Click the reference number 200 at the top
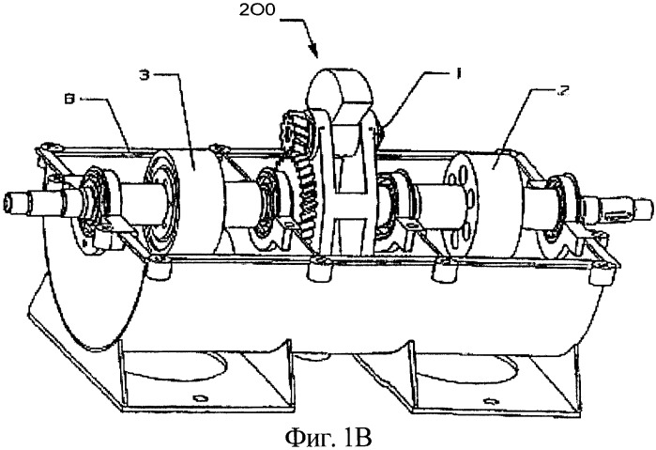click(257, 9)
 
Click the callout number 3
click(145, 75)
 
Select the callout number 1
click(458, 73)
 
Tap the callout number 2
click(563, 92)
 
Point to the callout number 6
click(72, 100)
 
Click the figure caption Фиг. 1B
click(328, 437)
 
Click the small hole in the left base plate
click(199, 396)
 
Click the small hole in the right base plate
click(488, 401)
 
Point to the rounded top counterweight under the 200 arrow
click(340, 90)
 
